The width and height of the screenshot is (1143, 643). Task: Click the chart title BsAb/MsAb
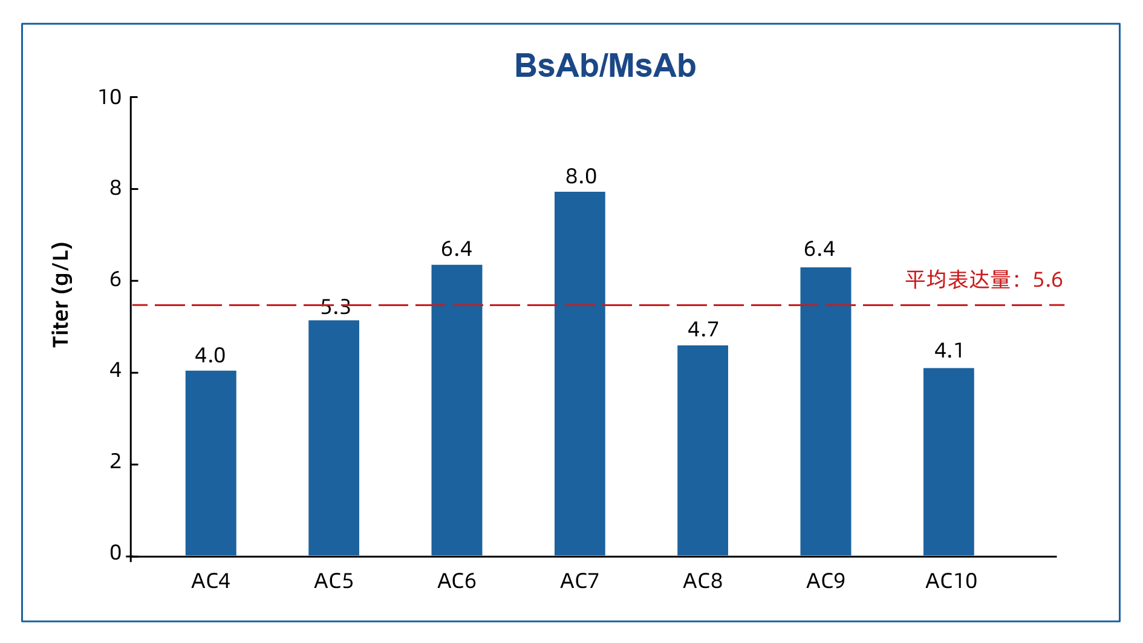click(605, 66)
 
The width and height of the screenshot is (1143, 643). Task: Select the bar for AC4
click(210, 463)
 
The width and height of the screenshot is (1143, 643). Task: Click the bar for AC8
click(702, 450)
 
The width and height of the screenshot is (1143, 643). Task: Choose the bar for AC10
click(948, 462)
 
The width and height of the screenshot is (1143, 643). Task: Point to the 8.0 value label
click(581, 177)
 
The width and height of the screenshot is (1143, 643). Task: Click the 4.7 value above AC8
click(703, 330)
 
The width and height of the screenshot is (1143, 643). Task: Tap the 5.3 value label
click(335, 307)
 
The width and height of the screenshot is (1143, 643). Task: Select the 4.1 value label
click(949, 351)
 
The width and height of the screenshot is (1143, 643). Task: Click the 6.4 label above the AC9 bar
click(819, 249)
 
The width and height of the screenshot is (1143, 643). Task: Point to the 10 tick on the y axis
click(110, 97)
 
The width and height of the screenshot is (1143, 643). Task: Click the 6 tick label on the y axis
click(116, 280)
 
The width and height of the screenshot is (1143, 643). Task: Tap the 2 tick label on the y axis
click(116, 463)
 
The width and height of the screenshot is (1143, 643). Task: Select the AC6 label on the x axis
click(457, 581)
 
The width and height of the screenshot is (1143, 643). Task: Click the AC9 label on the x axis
click(825, 581)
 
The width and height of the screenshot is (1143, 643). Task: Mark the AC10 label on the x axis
click(951, 581)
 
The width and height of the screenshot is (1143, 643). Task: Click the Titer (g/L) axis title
click(61, 295)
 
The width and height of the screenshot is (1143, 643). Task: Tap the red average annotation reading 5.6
click(983, 280)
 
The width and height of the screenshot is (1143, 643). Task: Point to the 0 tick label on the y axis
click(116, 553)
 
